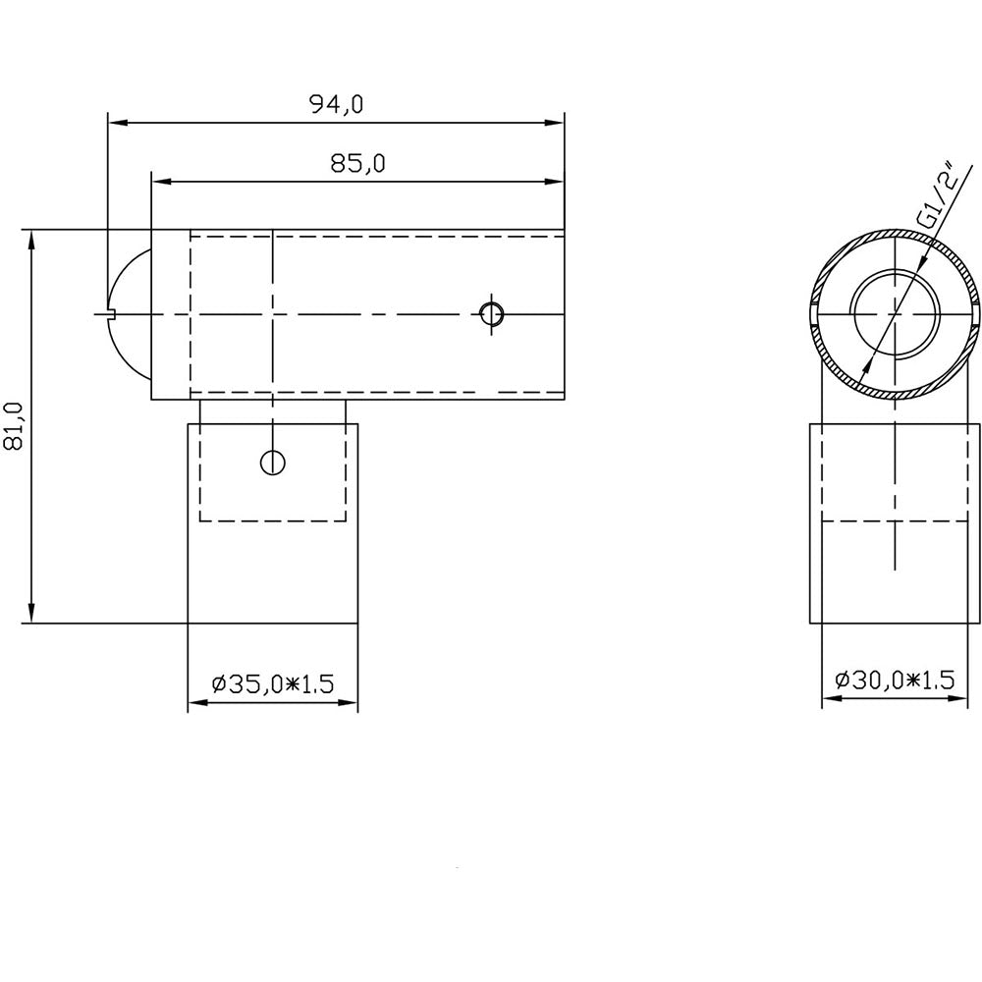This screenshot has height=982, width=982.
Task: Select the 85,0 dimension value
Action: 356,164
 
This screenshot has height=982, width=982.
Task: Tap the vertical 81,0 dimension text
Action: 15,426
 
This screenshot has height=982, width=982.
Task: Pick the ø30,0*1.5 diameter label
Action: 894,680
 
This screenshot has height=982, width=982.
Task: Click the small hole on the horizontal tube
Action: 492,313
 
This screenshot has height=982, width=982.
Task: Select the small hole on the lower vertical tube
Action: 272,462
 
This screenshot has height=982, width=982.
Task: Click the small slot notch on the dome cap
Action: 110,314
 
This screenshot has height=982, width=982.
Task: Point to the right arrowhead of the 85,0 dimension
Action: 557,182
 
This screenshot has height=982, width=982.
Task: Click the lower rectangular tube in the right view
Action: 894,570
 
